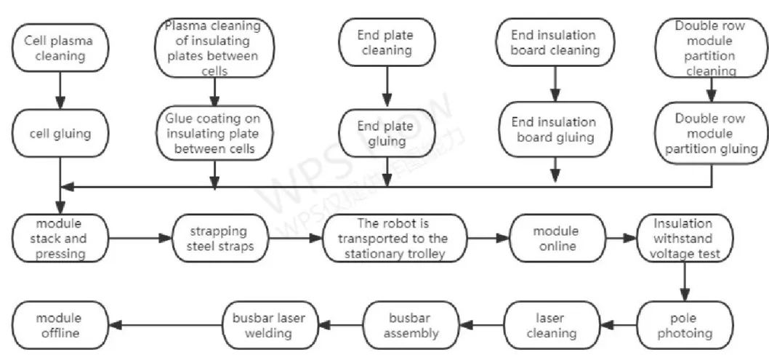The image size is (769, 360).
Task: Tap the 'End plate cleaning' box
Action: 384,43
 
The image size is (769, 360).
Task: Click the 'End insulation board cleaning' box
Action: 555,43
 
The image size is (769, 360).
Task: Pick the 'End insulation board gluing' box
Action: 554,129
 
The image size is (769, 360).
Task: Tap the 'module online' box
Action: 555,238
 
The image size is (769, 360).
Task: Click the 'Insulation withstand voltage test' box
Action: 683,237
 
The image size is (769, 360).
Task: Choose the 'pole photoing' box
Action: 683,326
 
